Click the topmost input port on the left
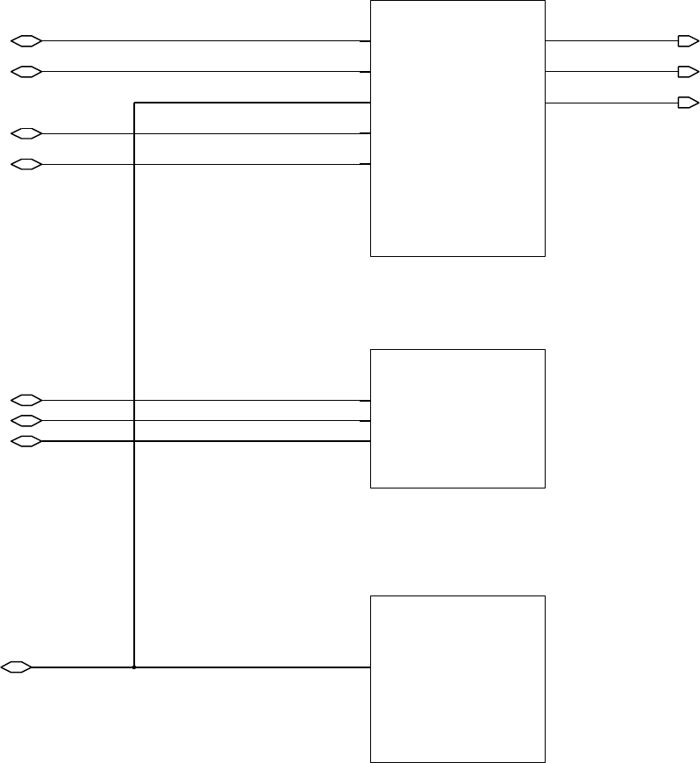pos(25,40)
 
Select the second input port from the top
pos(25,71)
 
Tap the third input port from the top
pos(25,133)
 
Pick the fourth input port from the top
pos(25,164)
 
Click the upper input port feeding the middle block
pos(25,400)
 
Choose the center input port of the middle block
pos(25,421)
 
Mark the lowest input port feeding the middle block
pos(25,441)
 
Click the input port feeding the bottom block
pos(17,667)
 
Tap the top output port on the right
pos(688,40)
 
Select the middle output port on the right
pos(688,71)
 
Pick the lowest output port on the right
pos(688,103)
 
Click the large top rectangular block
pos(457,128)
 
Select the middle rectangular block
pos(457,418)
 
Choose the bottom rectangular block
pos(457,679)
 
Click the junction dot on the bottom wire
pos(133,667)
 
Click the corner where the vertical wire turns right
pos(133,103)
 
